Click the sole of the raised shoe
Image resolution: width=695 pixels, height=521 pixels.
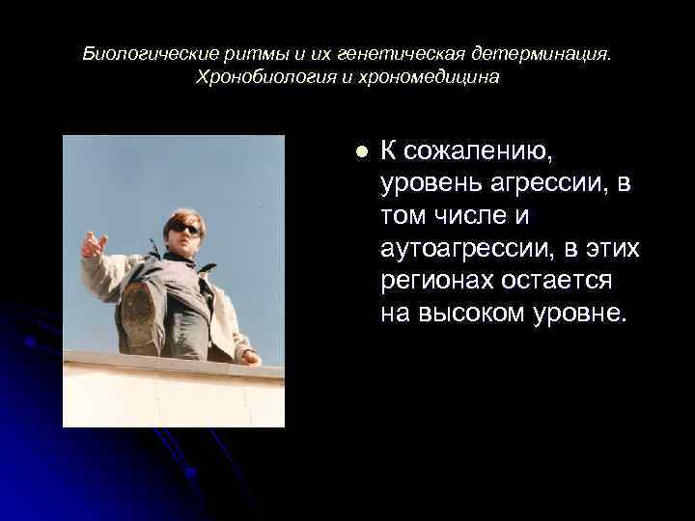click(x=137, y=313)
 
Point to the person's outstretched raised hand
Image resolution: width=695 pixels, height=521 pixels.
click(x=94, y=243)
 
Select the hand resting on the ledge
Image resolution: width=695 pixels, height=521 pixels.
click(x=251, y=358)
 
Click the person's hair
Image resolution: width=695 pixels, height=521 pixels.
click(x=183, y=216)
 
